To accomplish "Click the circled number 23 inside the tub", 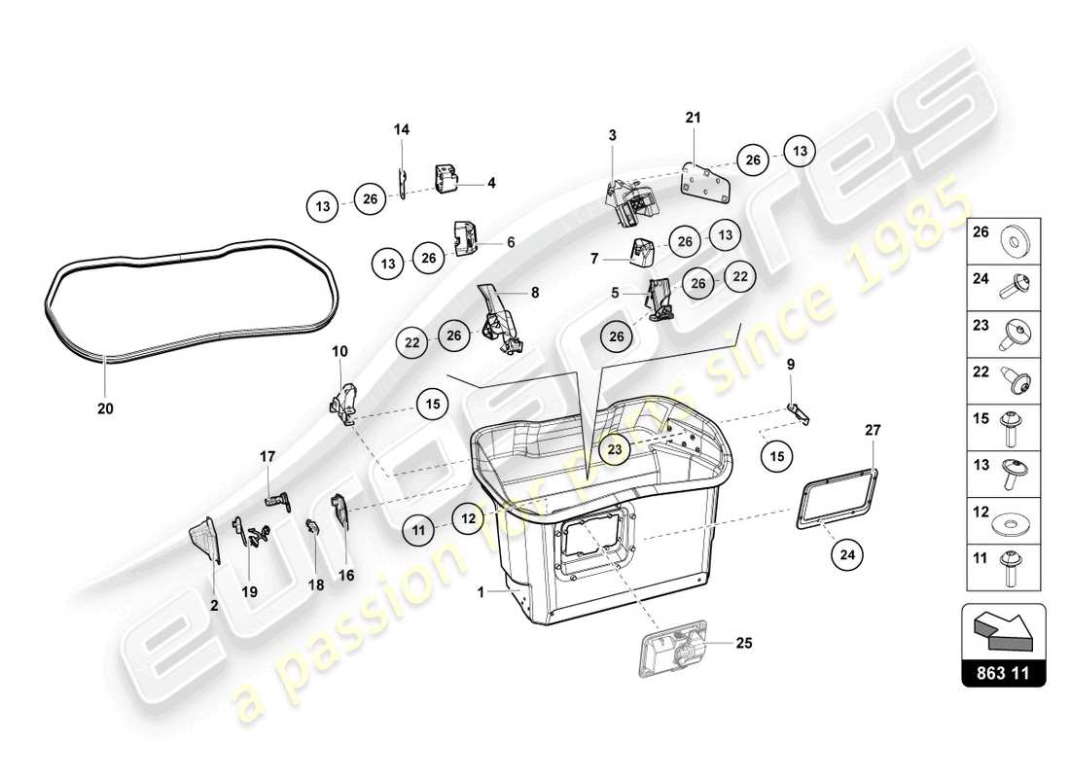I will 615,448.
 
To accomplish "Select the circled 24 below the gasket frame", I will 847,555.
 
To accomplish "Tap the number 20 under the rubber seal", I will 105,409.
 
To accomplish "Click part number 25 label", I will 744,643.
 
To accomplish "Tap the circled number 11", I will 419,530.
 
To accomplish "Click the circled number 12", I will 469,520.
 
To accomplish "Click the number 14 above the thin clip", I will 402,129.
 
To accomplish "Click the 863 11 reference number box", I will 1004,672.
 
